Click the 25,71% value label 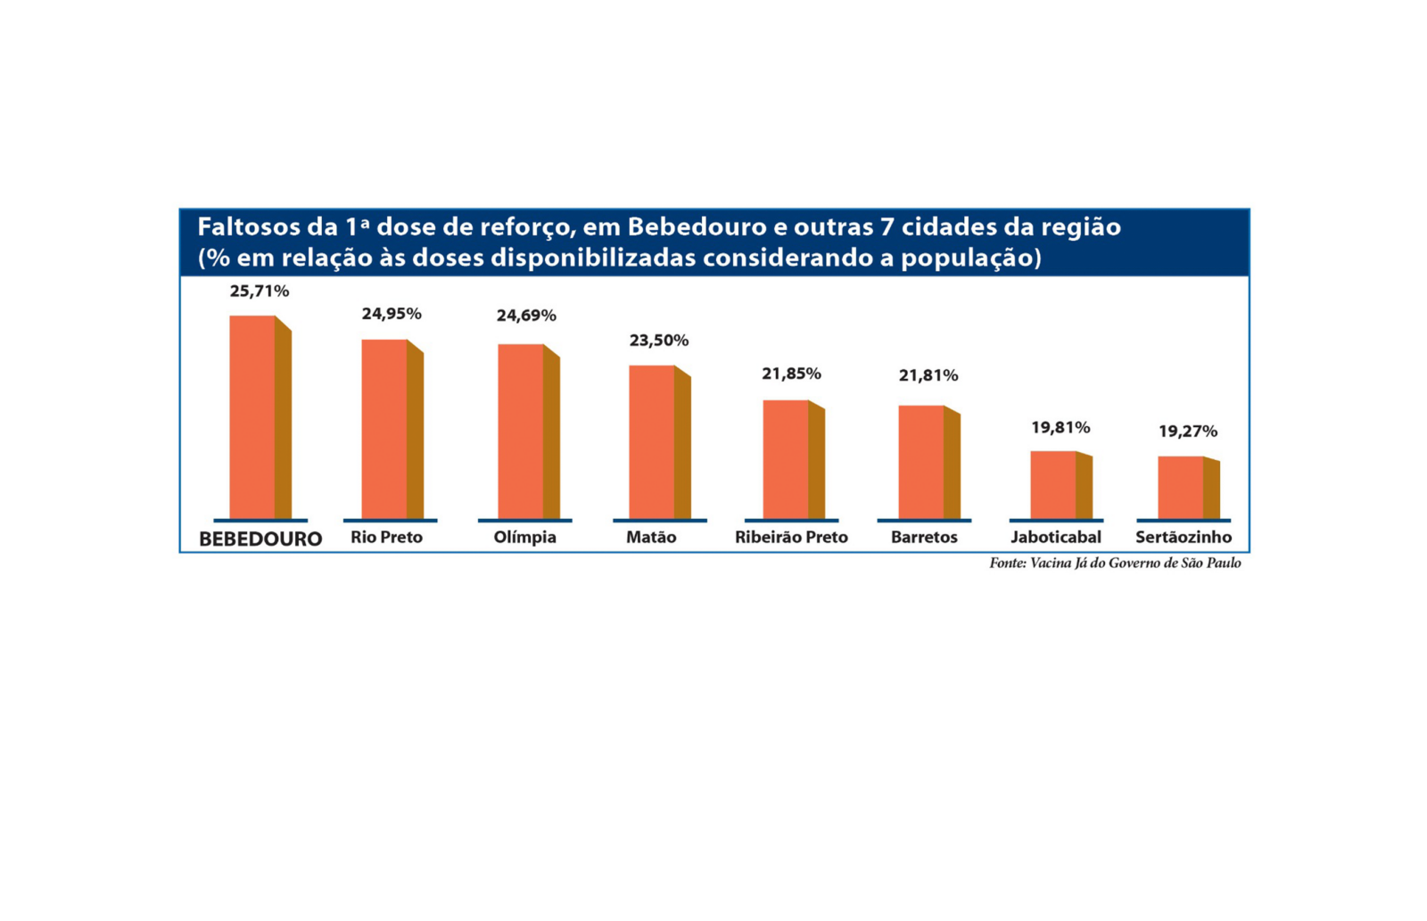pos(260,292)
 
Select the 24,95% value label pos(392,314)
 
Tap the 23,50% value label pos(659,341)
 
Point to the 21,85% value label pos(791,374)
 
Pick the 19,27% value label pos(1188,432)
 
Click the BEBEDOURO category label pos(260,539)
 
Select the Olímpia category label pos(525,538)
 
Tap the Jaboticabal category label pos(1056,538)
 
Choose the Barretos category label pos(924,538)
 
